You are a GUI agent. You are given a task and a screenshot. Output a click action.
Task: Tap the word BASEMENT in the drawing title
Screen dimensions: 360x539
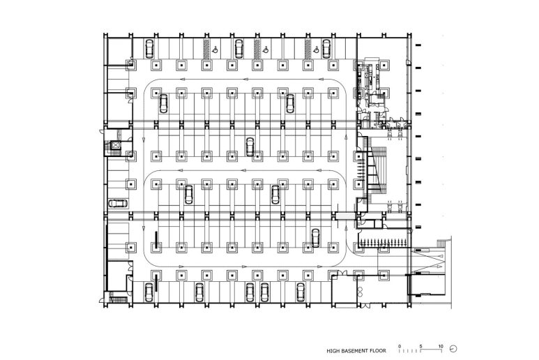[x=352, y=352]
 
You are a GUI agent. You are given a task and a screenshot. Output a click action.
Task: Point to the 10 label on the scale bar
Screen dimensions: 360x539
[x=440, y=346]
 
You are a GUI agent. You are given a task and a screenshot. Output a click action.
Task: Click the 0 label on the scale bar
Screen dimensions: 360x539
[x=400, y=346]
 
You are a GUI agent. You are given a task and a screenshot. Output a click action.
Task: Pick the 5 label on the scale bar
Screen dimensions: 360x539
[x=420, y=346]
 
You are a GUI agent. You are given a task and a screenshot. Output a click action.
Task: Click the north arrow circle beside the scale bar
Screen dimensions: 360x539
[x=453, y=348]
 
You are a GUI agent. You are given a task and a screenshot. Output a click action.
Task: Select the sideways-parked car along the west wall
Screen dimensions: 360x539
[x=118, y=204]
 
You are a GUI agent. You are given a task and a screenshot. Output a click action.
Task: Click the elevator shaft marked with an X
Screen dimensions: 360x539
[x=110, y=147]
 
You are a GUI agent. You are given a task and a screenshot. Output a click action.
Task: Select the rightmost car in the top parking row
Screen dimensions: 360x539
[x=326, y=49]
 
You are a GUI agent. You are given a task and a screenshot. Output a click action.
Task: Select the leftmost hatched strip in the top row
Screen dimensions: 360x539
[x=206, y=49]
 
